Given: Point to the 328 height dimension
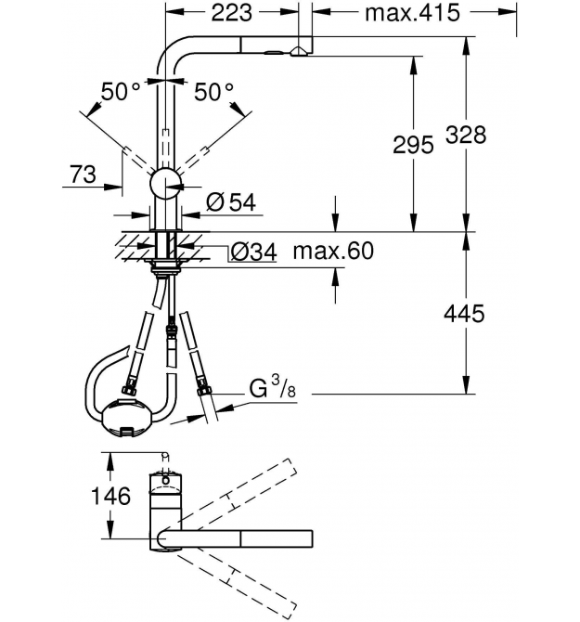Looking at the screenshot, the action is (466, 135).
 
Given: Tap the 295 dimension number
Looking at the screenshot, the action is (413, 145).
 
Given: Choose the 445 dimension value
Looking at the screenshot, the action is (464, 314).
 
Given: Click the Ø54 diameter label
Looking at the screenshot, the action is (231, 202).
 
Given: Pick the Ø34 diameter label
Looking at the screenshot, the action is (253, 252).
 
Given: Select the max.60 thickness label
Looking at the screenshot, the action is (333, 251).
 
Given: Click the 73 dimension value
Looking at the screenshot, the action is (83, 175).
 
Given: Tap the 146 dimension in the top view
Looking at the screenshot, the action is (110, 496).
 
